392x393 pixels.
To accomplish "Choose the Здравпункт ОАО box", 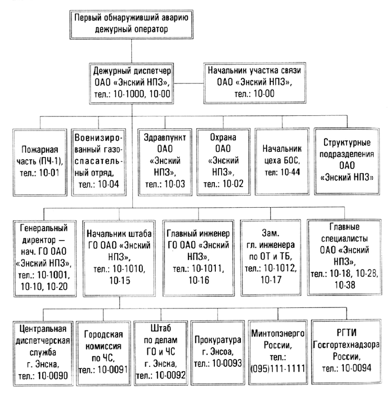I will pos(163,159).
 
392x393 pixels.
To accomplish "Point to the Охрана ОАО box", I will pos(223,159).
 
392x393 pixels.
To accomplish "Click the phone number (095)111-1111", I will pos(276,367).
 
